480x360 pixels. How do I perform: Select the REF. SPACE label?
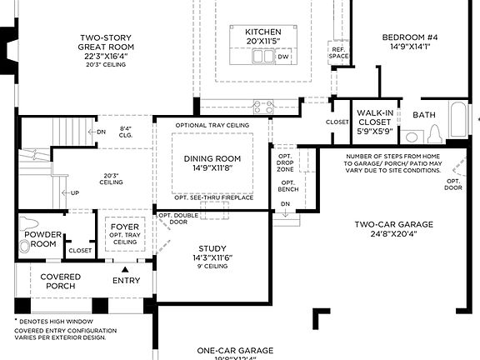coord(338,52)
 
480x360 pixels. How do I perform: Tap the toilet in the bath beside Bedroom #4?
coord(435,135)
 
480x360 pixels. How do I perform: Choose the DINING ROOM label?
coord(212,158)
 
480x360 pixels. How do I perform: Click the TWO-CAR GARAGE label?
coord(393,224)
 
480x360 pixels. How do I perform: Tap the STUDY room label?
coord(212,248)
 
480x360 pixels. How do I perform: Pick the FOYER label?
coord(125,225)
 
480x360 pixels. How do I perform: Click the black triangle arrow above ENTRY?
coord(126,269)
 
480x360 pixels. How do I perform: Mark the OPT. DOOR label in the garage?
coord(454,184)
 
